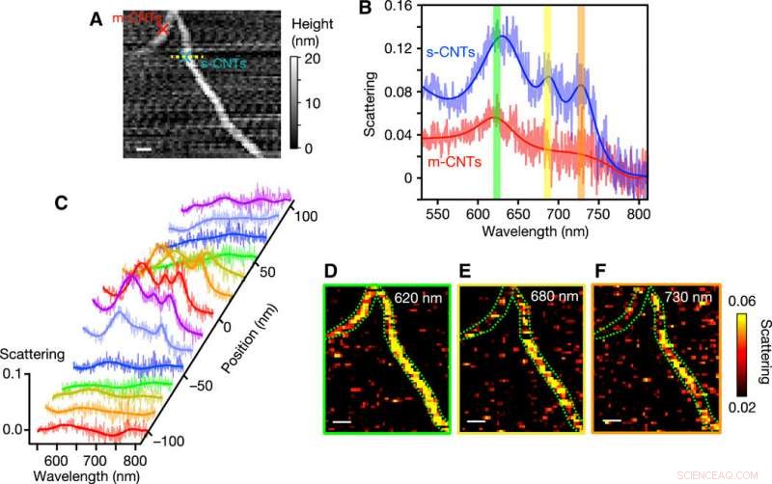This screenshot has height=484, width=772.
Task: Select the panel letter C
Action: pos(61,203)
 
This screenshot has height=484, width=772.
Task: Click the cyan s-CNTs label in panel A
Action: pos(221,64)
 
